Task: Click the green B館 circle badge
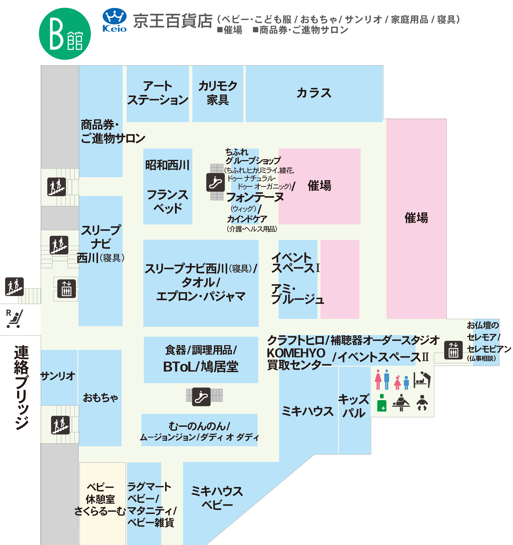point(65,34)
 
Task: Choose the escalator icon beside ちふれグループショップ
point(215,182)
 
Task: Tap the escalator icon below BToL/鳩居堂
point(201,397)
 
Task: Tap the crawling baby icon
point(422,402)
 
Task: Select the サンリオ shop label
point(58,376)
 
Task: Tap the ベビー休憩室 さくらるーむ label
point(100,499)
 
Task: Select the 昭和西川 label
point(167,165)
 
